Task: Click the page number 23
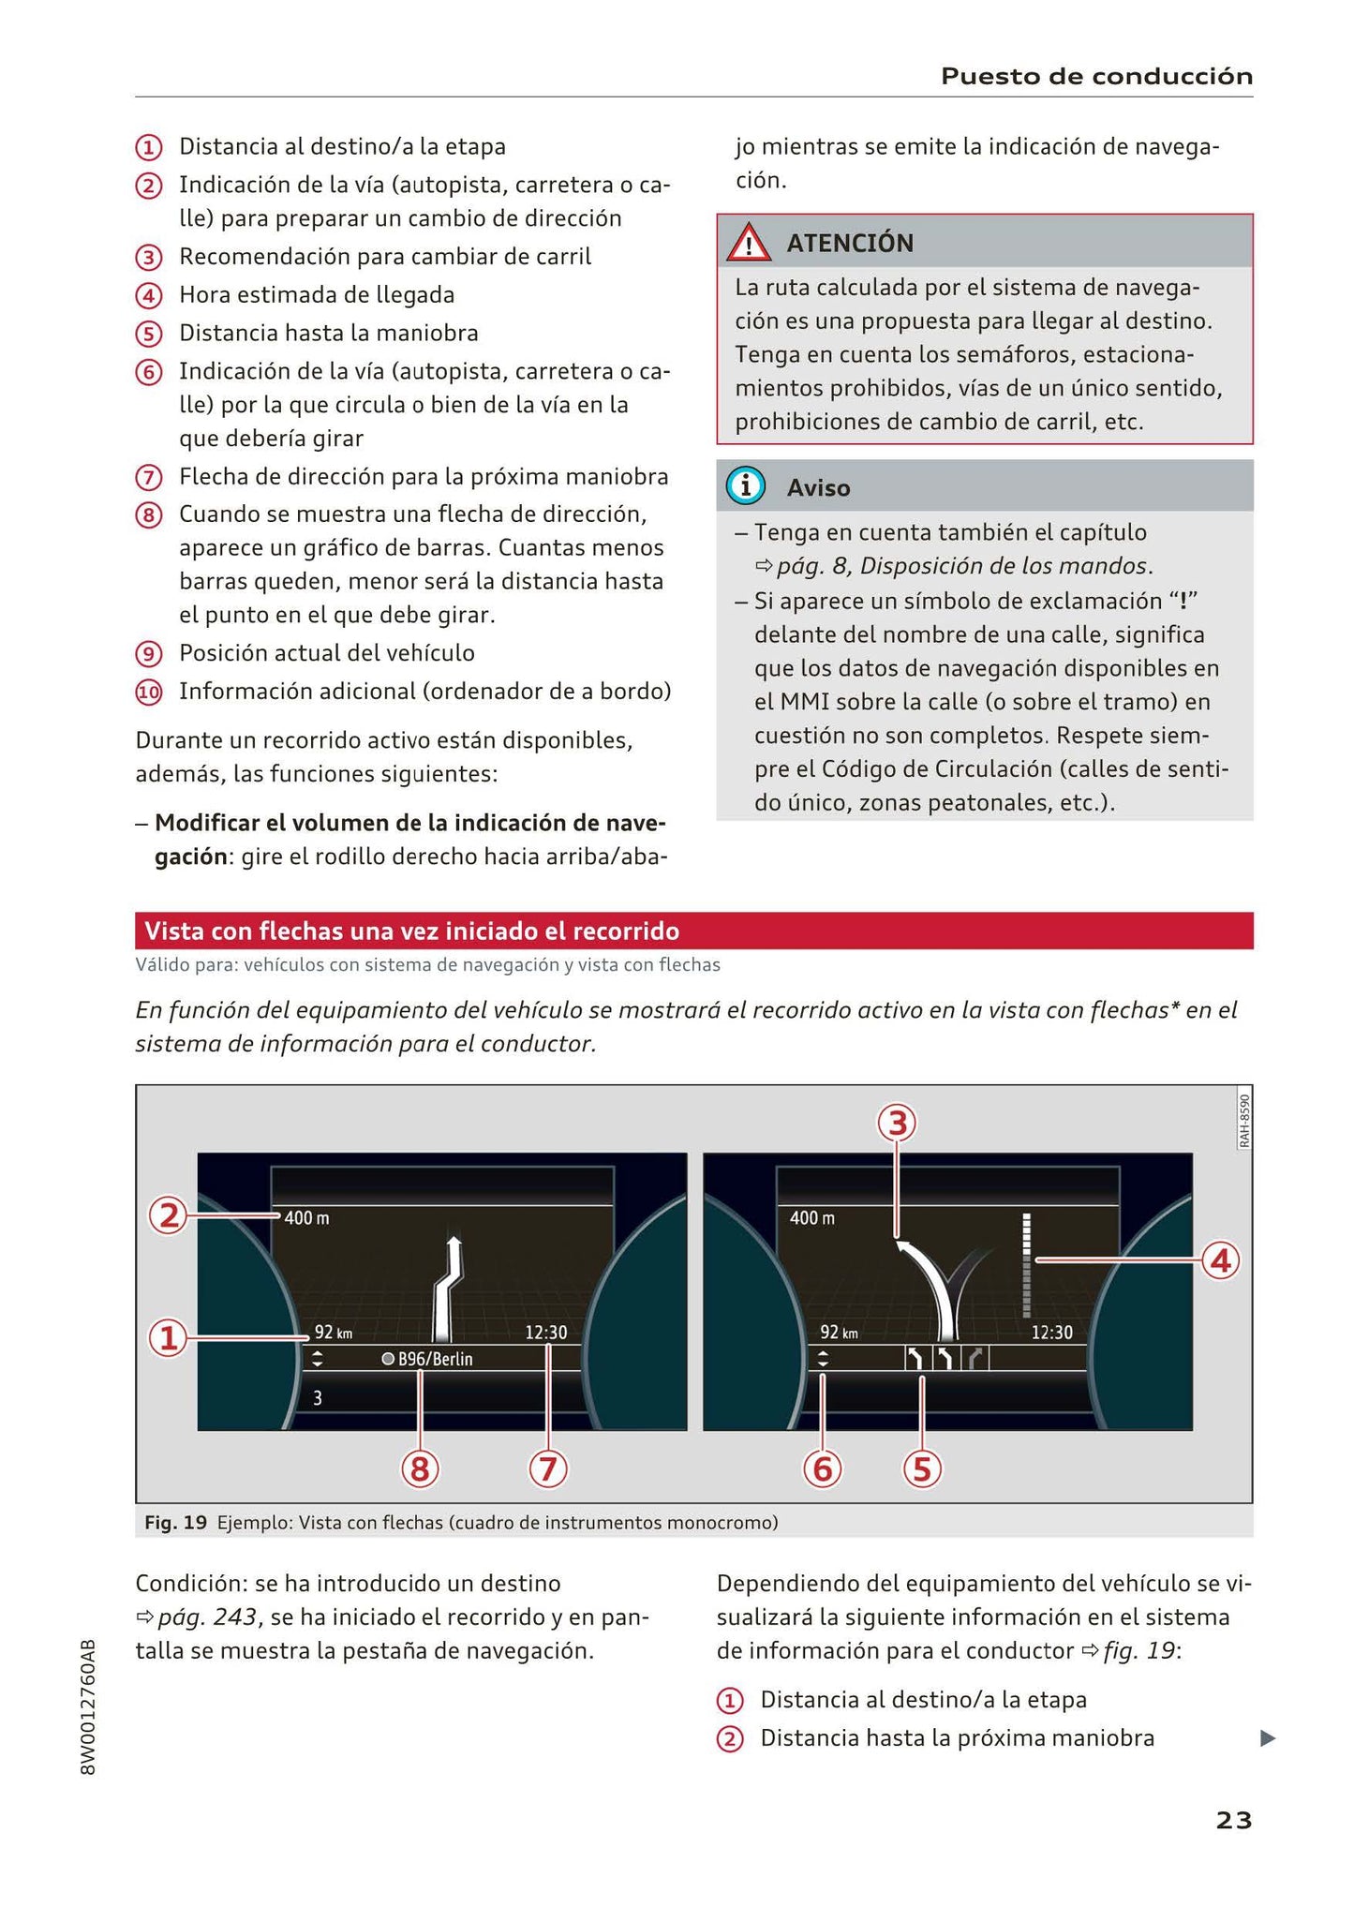(1233, 1820)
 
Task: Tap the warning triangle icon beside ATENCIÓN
(749, 244)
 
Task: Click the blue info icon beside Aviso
(747, 486)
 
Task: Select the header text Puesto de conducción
(1096, 76)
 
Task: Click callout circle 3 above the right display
(897, 1123)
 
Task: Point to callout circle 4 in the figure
(1220, 1261)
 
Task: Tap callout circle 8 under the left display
(420, 1469)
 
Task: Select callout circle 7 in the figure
(548, 1469)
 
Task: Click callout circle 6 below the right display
(823, 1469)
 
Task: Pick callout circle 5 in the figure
(922, 1469)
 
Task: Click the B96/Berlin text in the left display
(435, 1359)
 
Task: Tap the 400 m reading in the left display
(306, 1218)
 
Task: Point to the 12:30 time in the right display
(1051, 1332)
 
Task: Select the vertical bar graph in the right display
(1027, 1265)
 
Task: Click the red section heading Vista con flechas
(411, 931)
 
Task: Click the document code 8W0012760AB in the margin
(88, 1706)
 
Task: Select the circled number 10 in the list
(149, 693)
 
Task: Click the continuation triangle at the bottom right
(1267, 1738)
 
